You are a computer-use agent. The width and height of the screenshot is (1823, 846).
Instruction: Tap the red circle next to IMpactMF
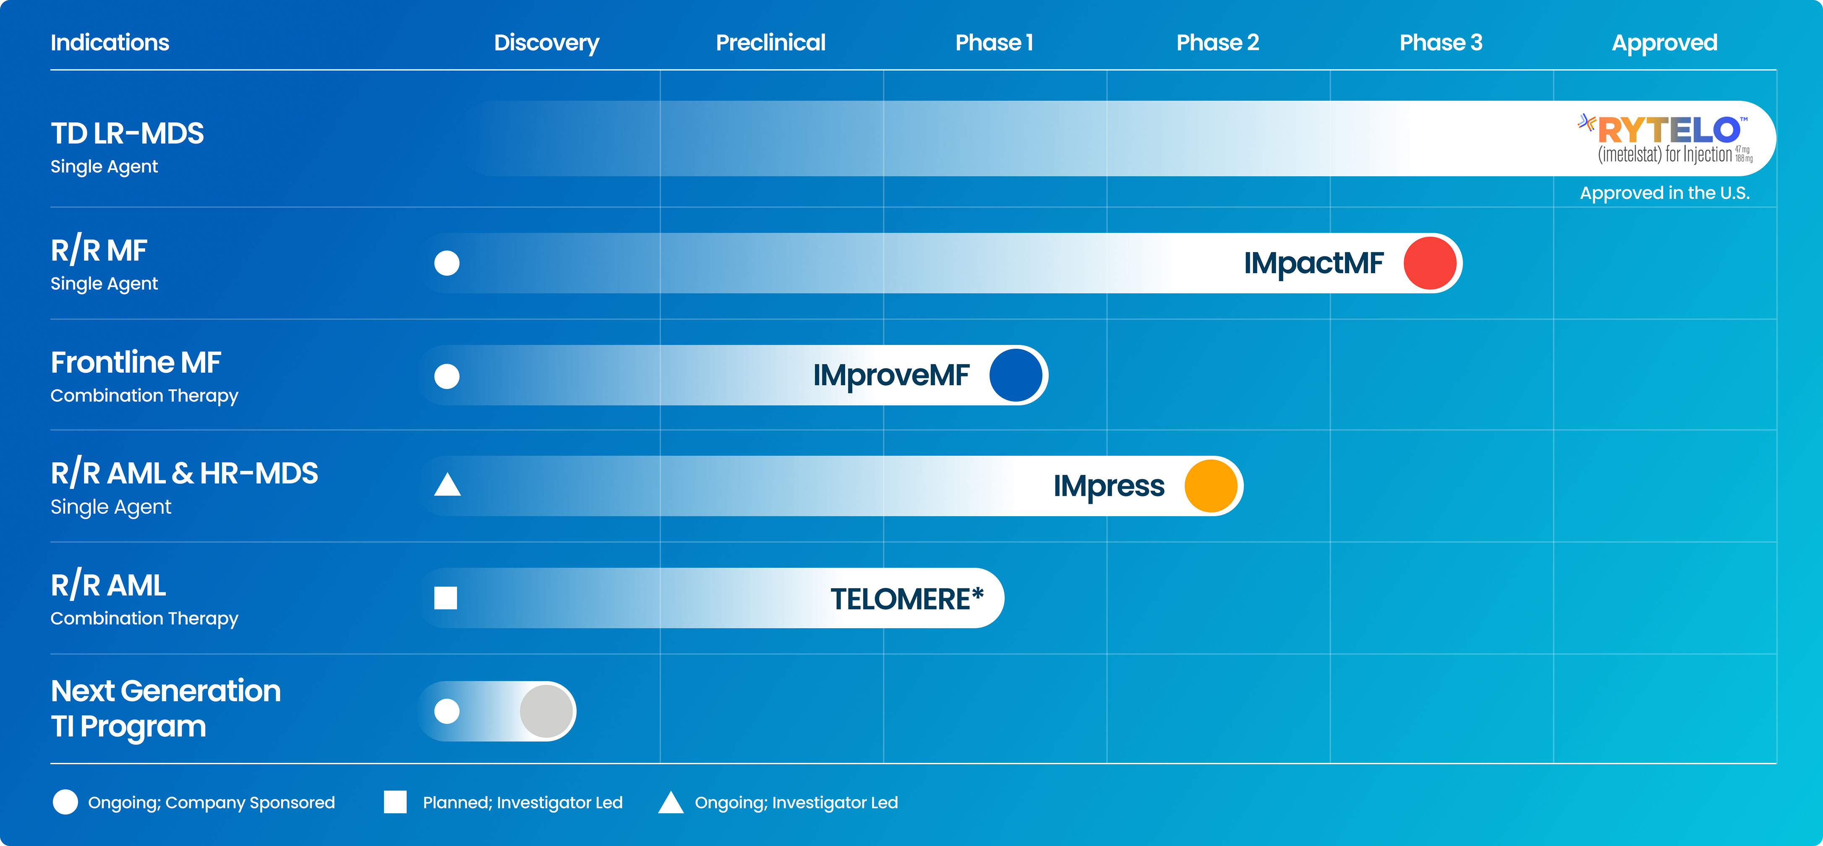point(1429,264)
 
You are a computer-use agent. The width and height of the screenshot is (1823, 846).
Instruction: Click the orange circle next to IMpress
point(1211,486)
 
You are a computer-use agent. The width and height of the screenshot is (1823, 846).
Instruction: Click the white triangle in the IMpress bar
point(447,486)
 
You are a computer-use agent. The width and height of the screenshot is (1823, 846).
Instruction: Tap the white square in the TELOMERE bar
point(446,598)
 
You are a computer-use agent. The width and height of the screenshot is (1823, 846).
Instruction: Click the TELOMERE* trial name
point(906,599)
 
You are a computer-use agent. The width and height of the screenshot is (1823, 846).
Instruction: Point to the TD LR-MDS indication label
point(128,134)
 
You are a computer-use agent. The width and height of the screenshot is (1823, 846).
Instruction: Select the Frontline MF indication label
point(136,363)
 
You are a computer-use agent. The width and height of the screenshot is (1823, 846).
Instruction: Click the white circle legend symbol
point(65,802)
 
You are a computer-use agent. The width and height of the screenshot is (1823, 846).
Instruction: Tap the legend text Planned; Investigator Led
point(522,802)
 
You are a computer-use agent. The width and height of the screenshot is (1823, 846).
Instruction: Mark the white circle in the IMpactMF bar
point(447,264)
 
